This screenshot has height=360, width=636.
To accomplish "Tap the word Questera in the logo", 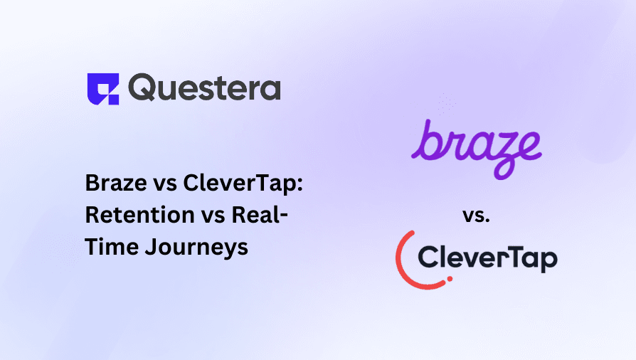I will (205, 88).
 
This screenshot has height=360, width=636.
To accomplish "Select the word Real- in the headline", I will (260, 216).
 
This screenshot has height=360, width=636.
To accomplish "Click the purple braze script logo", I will (476, 147).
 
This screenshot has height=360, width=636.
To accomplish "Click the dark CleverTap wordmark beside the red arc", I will (488, 258).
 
